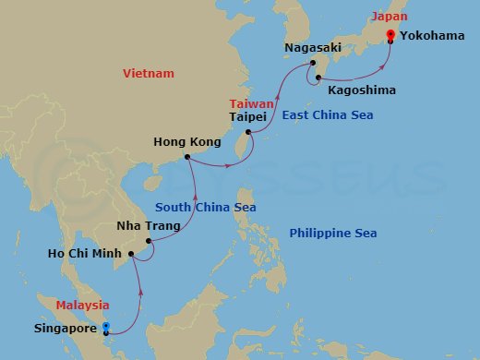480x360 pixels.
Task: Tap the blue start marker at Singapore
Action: coord(106,327)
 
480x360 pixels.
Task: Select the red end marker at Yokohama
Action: coord(390,35)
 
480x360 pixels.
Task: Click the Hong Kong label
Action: coord(192,142)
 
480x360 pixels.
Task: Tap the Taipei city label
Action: coord(248,117)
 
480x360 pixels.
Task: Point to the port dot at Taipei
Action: coord(249,133)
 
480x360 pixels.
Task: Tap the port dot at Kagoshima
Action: coord(319,78)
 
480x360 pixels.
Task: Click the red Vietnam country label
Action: coord(151,73)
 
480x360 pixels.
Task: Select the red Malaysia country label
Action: coord(82,305)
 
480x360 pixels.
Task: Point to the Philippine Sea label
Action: coord(332,233)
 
